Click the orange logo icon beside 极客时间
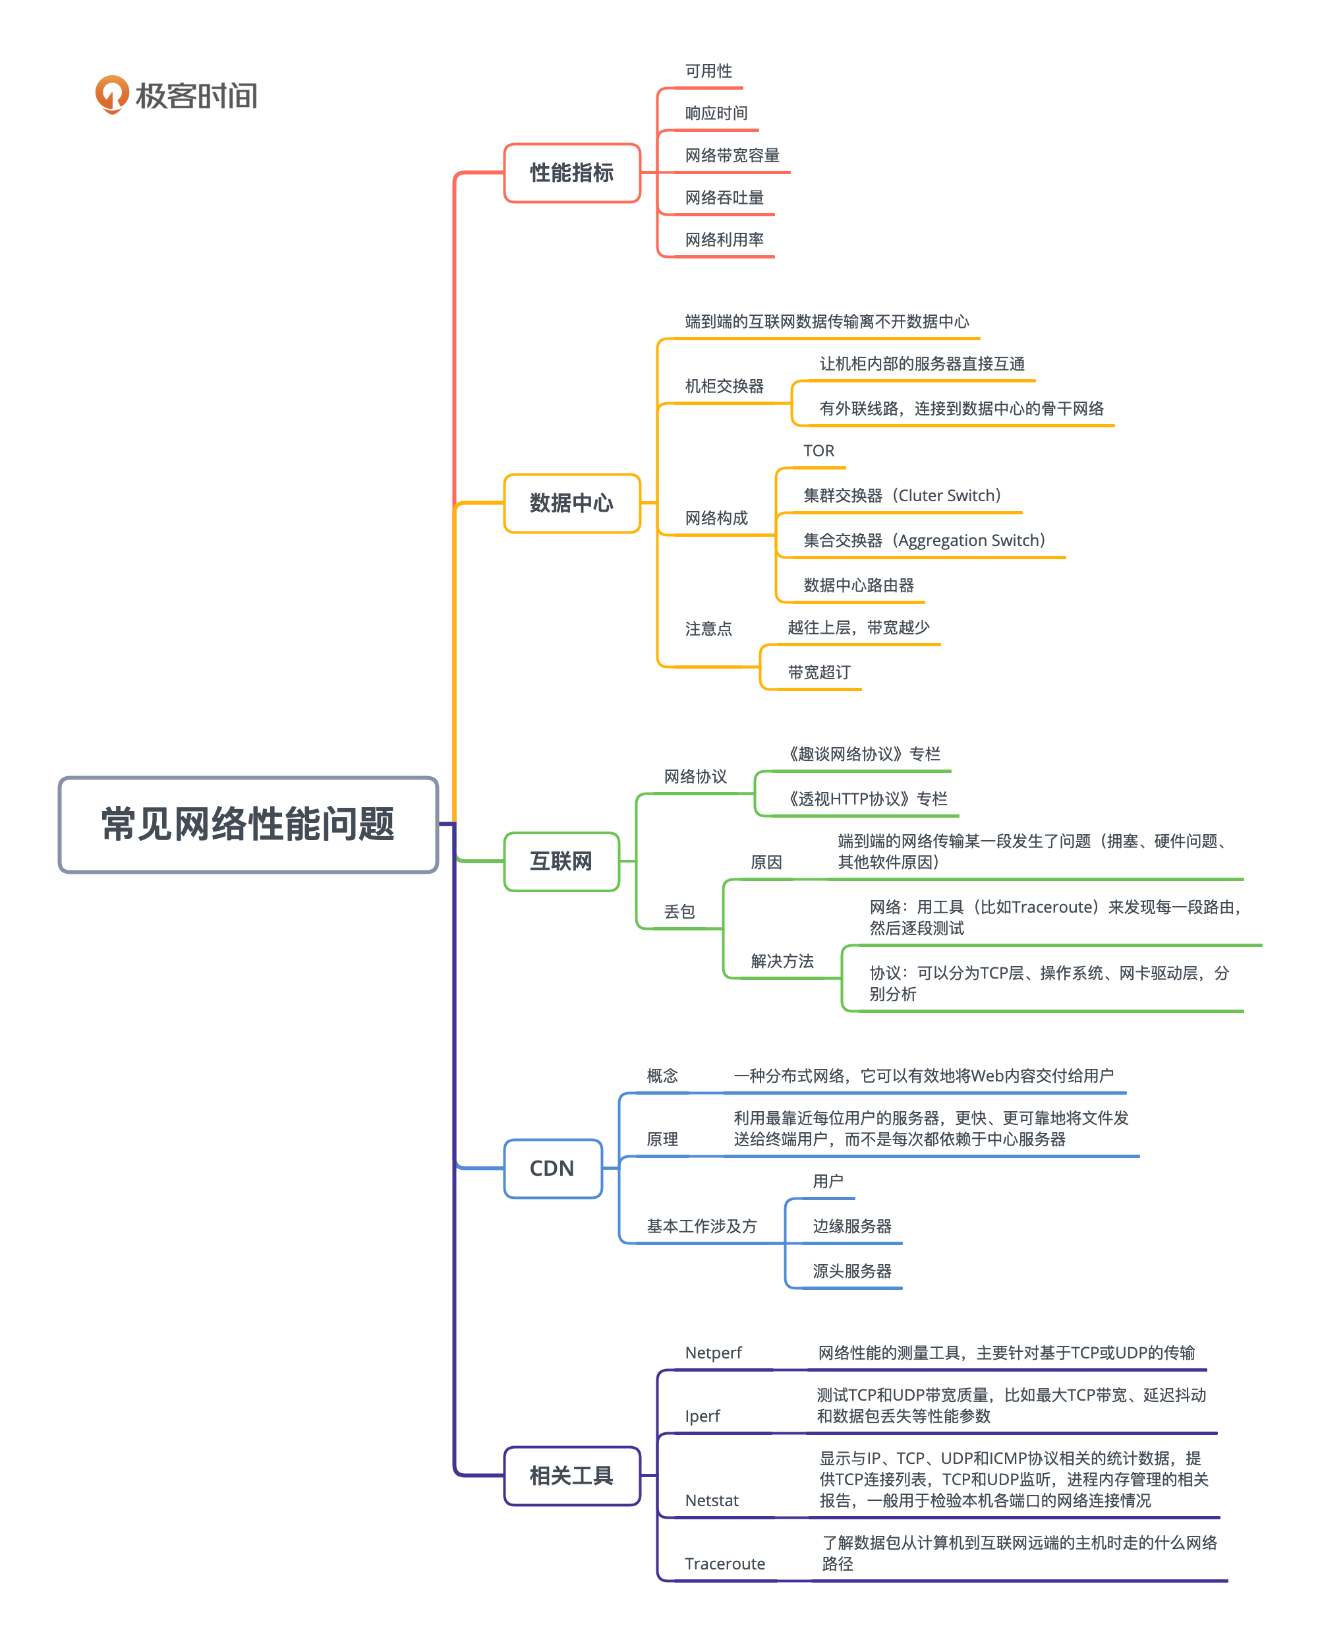pyautogui.click(x=112, y=94)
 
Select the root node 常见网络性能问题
pyautogui.click(x=248, y=824)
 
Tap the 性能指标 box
pyautogui.click(x=572, y=173)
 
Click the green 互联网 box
pyautogui.click(x=561, y=862)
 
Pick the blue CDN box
pyautogui.click(x=553, y=1169)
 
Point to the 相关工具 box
pyautogui.click(x=572, y=1476)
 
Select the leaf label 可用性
pyautogui.click(x=708, y=71)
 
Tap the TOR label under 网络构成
pyautogui.click(x=819, y=451)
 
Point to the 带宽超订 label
pyautogui.click(x=819, y=673)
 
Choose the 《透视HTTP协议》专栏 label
pyautogui.click(x=866, y=799)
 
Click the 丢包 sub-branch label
pyautogui.click(x=679, y=911)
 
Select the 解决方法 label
pyautogui.click(x=782, y=961)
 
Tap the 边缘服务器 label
pyautogui.click(x=851, y=1226)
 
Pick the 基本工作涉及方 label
pyautogui.click(x=701, y=1226)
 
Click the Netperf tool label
pyautogui.click(x=712, y=1353)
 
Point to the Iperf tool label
pyautogui.click(x=702, y=1416)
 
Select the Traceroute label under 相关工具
pyautogui.click(x=725, y=1564)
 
